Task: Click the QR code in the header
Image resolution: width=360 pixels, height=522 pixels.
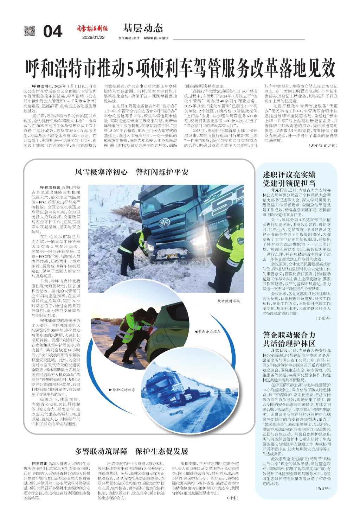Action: coord(30,31)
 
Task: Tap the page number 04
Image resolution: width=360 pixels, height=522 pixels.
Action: coord(53,32)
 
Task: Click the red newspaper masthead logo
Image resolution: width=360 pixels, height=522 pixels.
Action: coord(93,28)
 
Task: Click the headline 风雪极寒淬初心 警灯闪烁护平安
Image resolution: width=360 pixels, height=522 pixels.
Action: coord(132,172)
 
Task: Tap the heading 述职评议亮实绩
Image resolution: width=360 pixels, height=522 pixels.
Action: coord(289,174)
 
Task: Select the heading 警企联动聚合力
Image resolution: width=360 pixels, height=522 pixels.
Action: coord(289,335)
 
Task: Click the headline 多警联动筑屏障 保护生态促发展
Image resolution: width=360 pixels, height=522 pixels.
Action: coord(132,451)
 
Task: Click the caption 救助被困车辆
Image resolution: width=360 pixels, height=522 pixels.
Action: coord(228,301)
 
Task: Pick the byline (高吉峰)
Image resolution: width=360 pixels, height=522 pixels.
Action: coord(323,488)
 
